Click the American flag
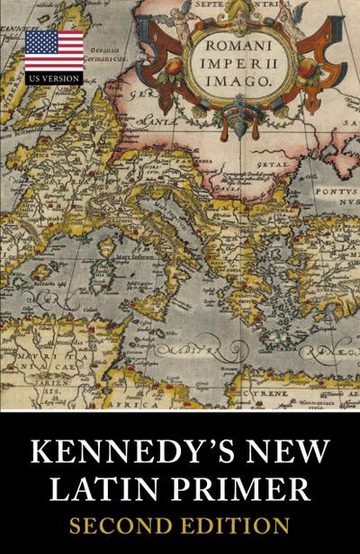54,50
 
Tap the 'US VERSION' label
54,78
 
